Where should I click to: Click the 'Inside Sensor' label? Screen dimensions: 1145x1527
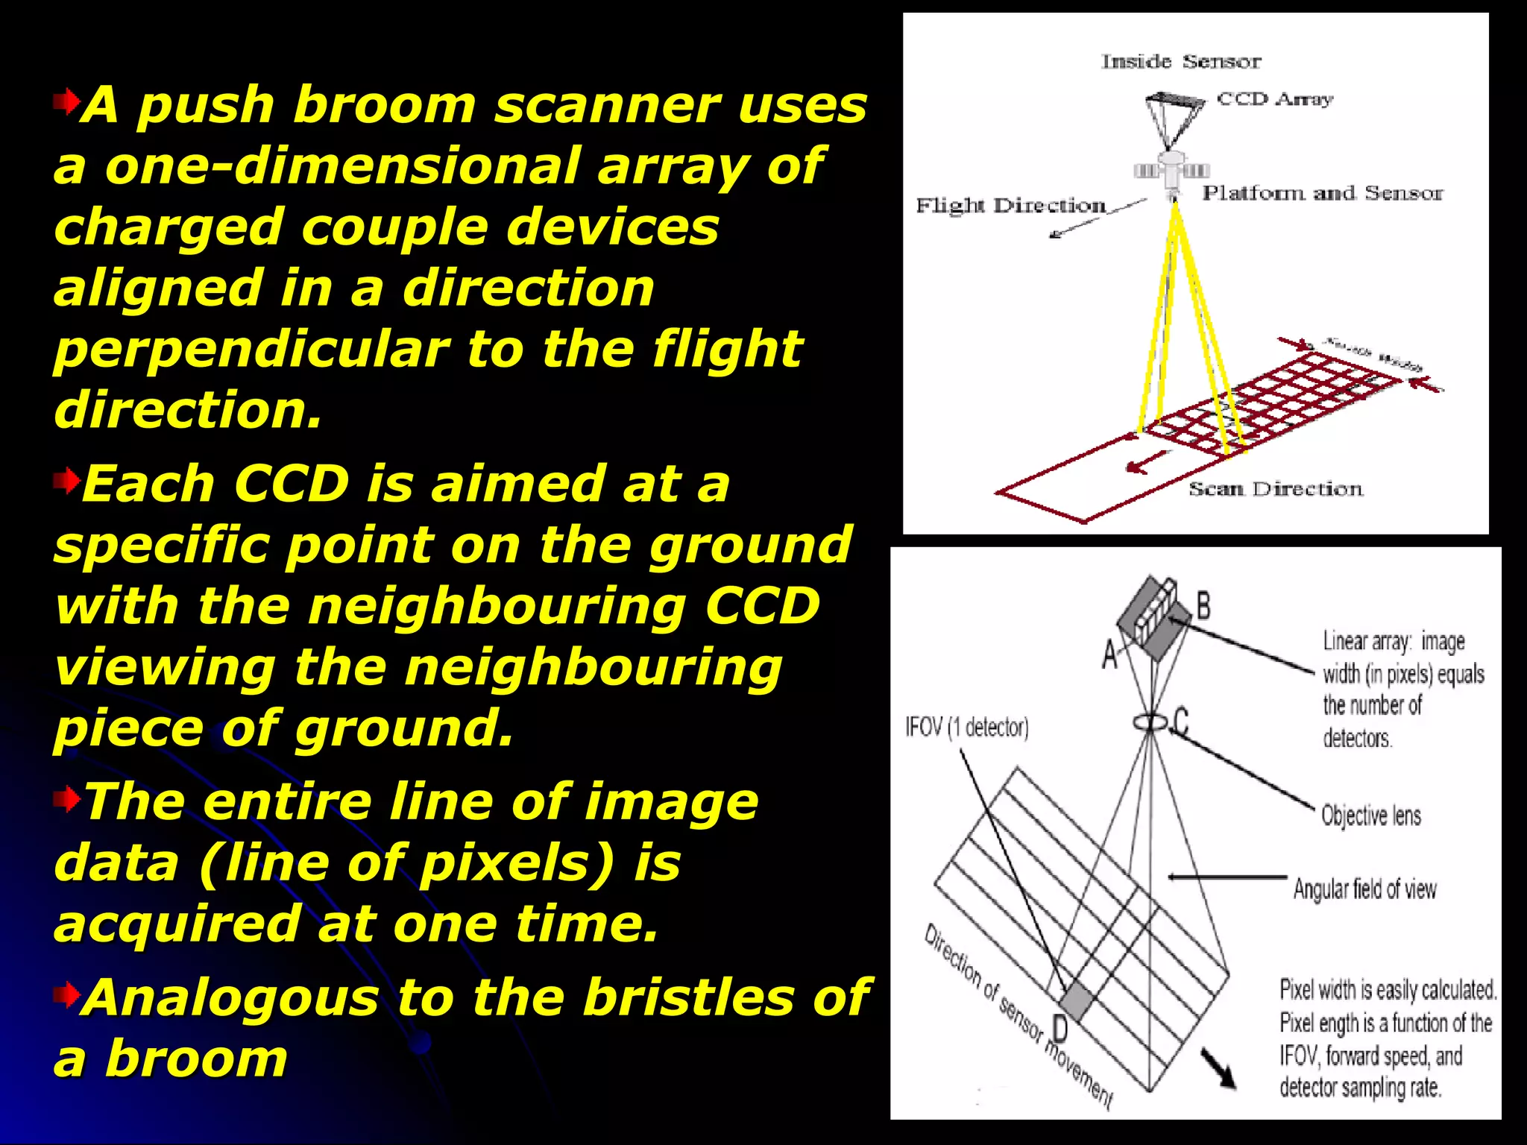tap(1181, 62)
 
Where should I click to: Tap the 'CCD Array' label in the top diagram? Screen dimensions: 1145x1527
tap(1274, 99)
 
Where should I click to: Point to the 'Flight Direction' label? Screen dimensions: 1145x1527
tap(1010, 206)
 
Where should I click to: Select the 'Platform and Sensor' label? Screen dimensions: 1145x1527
tap(1322, 194)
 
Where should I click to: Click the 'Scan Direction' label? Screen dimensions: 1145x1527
tap(1275, 490)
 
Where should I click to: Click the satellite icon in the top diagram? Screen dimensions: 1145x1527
tap(1171, 169)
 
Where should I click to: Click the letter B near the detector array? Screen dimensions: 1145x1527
tap(1203, 605)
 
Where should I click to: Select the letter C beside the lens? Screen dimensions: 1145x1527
tap(1181, 722)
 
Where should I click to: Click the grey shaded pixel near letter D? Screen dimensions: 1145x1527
tap(1076, 1001)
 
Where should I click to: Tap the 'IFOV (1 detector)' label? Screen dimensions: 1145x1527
tap(967, 727)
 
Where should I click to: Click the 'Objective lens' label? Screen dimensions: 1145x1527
tap(1370, 816)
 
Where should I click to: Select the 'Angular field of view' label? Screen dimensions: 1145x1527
tap(1364, 889)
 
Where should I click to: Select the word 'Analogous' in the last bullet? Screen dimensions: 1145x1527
tap(231, 997)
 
